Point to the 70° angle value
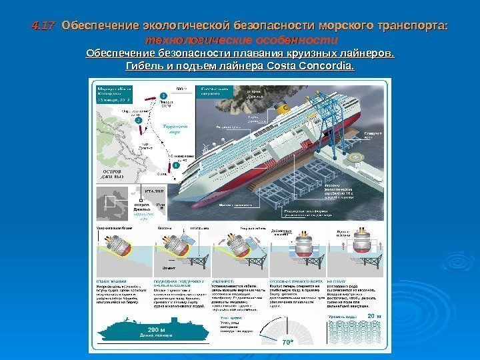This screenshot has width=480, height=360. tap(287, 340)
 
